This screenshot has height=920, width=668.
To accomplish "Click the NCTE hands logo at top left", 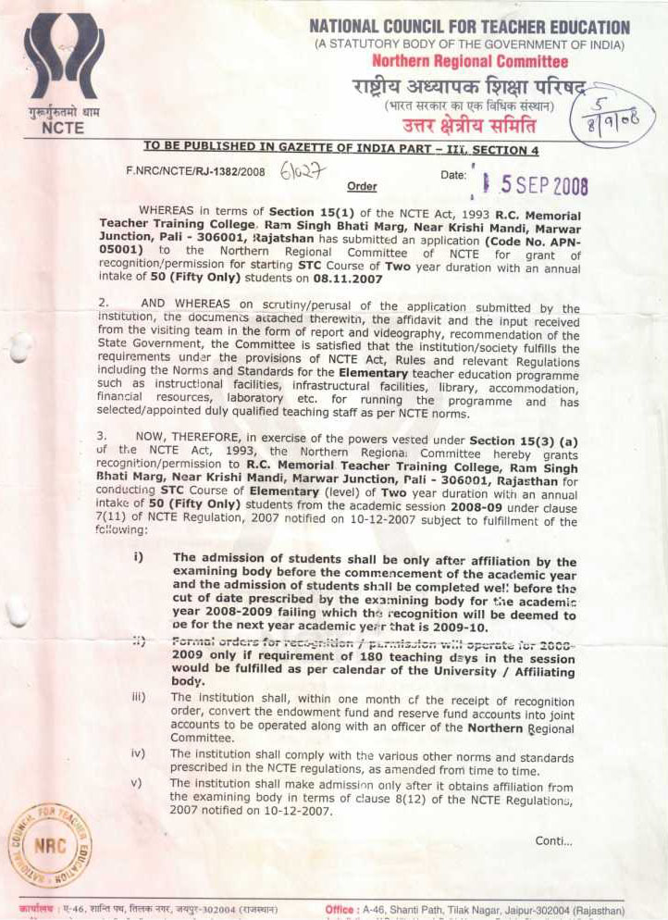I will tap(62, 63).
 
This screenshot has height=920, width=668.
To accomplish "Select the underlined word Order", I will tap(362, 186).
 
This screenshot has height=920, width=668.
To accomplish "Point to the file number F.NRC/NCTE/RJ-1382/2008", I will tap(195, 171).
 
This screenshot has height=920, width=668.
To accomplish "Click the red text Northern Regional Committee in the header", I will tap(469, 61).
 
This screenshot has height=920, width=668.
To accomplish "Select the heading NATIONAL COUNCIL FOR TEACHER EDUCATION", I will tap(469, 28).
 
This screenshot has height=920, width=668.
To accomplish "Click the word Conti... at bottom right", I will tap(553, 840).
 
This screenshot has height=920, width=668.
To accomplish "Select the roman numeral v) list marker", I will tap(137, 783).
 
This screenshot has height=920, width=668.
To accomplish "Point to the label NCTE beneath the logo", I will tap(63, 129).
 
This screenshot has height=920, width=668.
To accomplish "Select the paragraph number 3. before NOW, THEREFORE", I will tap(104, 441).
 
